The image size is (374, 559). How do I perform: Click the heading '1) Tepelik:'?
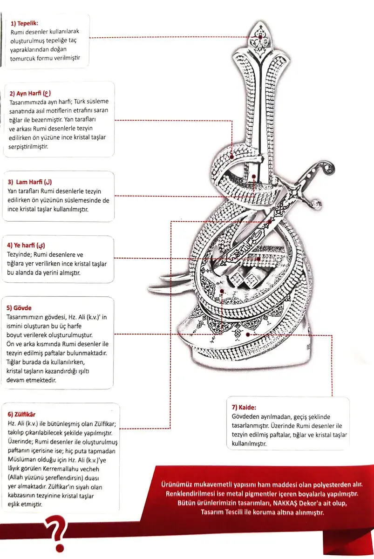coord(25,22)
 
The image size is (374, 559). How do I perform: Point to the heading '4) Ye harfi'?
coord(26,245)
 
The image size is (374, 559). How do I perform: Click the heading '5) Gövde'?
coord(19,308)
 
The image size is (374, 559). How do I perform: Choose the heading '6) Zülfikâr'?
coord(22,414)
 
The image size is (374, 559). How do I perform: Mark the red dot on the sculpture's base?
coord(248,334)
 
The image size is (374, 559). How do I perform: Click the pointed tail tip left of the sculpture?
coord(150,285)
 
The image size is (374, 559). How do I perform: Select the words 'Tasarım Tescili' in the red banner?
coord(208,512)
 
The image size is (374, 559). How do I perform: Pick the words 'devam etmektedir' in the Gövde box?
coord(29,380)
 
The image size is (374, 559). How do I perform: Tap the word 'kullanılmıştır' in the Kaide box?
coord(249,444)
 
